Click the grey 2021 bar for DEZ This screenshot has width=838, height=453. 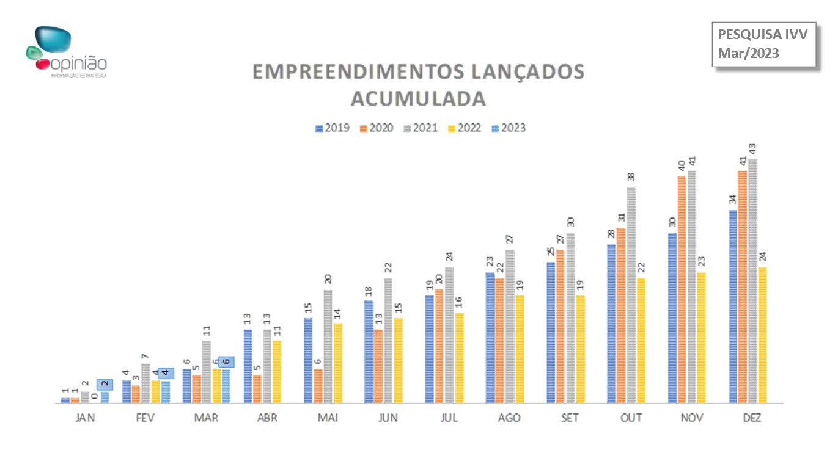click(753, 281)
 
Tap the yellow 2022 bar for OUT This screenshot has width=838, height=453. click(641, 341)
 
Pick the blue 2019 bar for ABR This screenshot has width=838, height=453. click(248, 366)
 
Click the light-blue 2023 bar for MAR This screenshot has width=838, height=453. click(226, 386)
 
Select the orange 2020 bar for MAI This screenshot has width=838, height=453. click(318, 386)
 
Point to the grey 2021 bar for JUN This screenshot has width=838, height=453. click(388, 341)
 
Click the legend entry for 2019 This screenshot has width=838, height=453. click(333, 128)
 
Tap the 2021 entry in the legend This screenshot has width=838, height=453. click(421, 128)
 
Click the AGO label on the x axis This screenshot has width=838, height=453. click(509, 418)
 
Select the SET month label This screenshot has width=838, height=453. click(570, 418)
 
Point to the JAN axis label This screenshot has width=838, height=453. click(85, 418)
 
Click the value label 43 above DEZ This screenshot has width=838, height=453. click(753, 149)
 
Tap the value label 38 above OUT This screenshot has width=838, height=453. click(631, 177)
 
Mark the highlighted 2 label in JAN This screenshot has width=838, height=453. click(105, 384)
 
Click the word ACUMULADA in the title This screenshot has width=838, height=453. click(418, 98)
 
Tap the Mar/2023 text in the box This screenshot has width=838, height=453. click(749, 53)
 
